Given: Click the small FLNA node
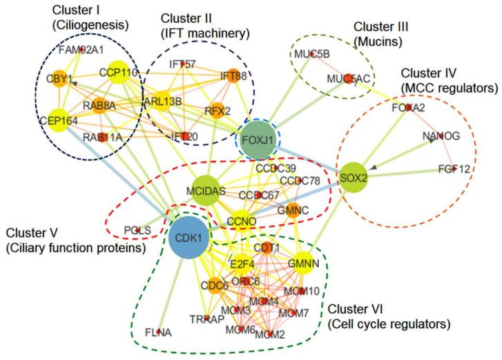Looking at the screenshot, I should [x=159, y=332].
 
